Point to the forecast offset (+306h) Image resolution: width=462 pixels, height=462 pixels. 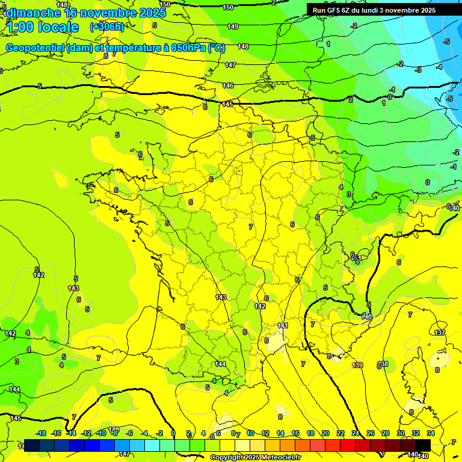click(106, 27)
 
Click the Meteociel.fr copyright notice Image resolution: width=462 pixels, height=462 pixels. click(255, 458)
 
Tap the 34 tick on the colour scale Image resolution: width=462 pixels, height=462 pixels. click(431, 433)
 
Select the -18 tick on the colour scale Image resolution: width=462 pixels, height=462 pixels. click(41, 433)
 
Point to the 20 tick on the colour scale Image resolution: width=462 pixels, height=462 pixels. click(325, 433)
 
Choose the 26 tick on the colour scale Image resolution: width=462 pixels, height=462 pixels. click(371, 433)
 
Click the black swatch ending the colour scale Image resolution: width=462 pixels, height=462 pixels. click(423, 445)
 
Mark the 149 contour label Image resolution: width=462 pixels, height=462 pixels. click(233, 26)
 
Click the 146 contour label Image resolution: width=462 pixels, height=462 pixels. click(228, 85)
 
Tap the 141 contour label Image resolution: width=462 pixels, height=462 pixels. click(283, 325)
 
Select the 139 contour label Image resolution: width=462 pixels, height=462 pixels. click(357, 365)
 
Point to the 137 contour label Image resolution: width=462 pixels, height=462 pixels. click(440, 333)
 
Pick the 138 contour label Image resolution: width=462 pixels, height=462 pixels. click(383, 364)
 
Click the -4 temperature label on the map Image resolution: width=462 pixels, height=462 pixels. click(439, 67)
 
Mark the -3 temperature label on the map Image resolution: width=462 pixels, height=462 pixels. click(418, 70)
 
